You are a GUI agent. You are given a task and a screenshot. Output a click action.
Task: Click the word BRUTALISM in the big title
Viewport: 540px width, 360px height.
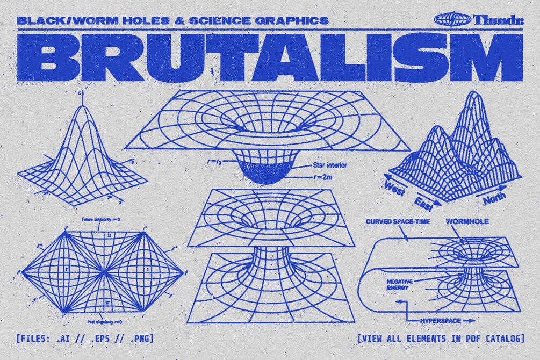point(270,58)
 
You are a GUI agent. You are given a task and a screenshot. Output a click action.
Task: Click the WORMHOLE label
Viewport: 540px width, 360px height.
point(467,221)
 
